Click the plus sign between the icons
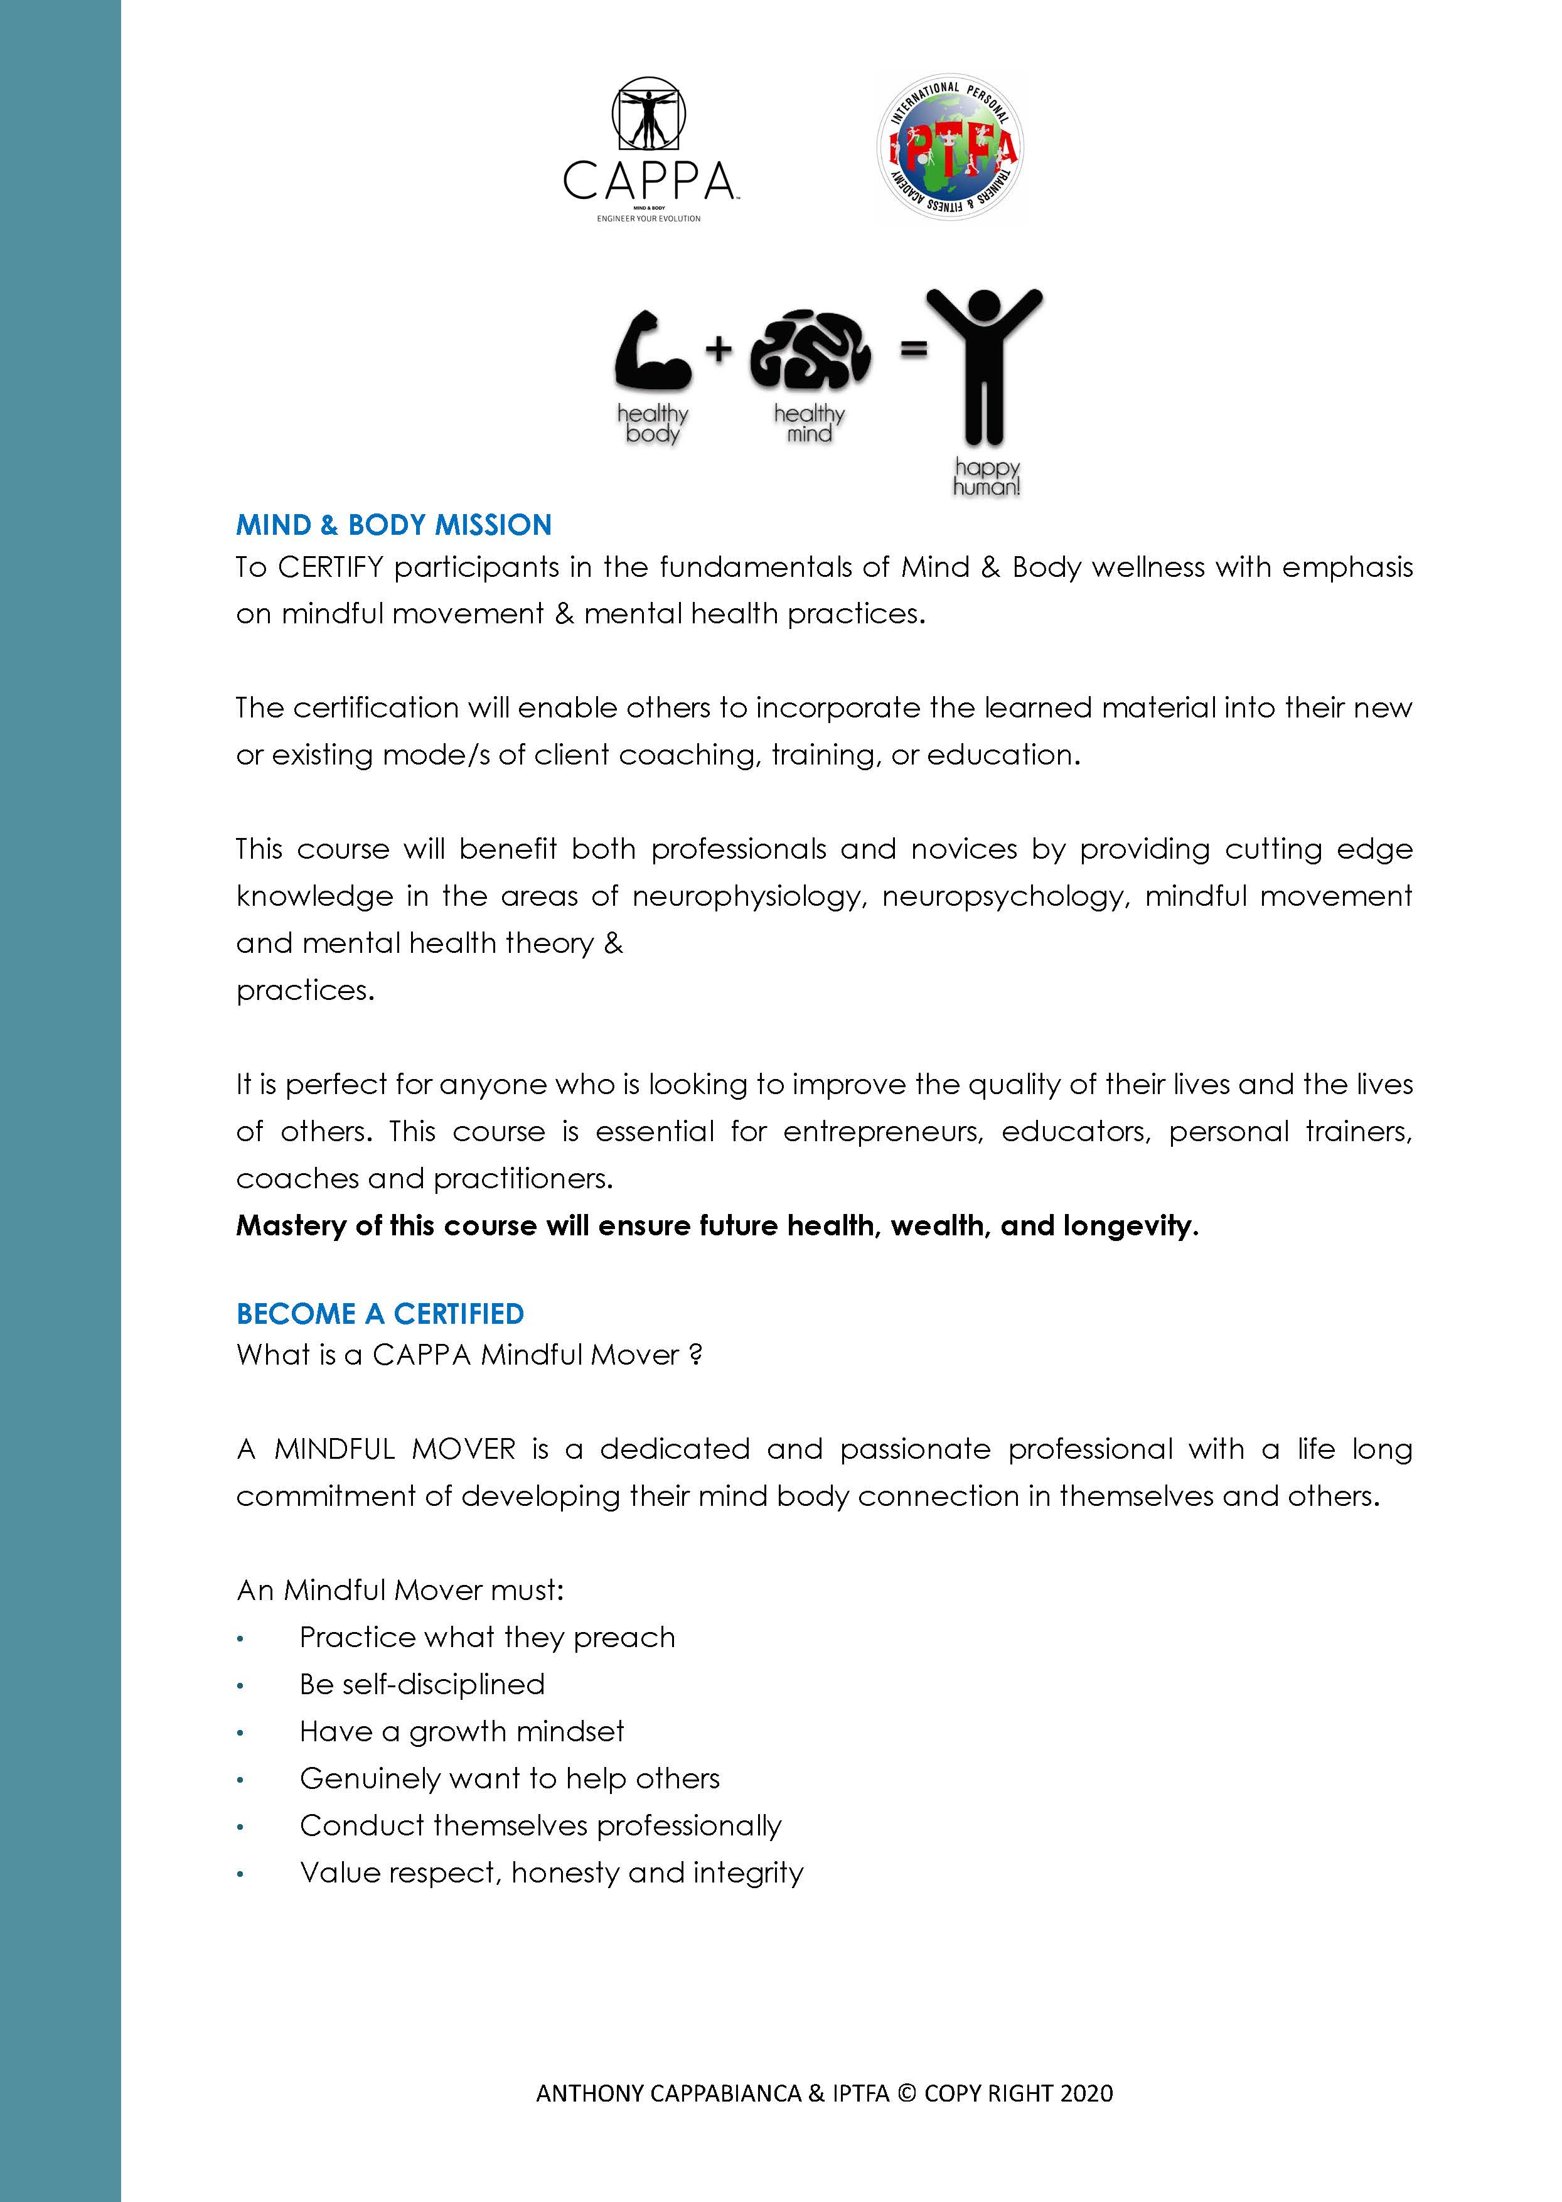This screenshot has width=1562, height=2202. point(719,348)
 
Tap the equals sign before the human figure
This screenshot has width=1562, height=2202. point(912,349)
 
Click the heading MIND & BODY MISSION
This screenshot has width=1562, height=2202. point(393,525)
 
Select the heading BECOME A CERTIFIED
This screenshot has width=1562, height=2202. point(380,1314)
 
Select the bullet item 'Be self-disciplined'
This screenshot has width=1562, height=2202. point(422,1684)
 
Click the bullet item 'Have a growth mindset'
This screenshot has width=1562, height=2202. point(462,1732)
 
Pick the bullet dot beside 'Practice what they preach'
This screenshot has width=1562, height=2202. point(240,1638)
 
